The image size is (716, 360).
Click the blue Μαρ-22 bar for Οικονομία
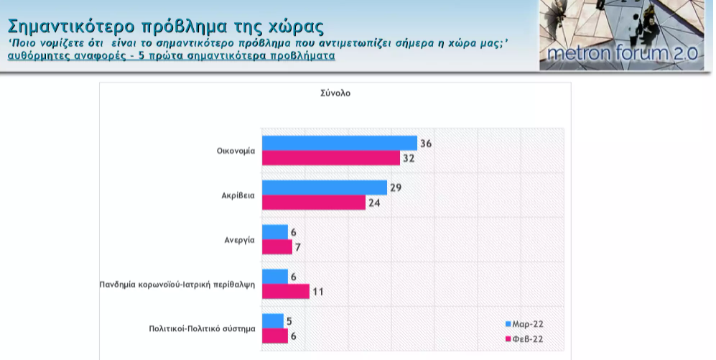point(339,143)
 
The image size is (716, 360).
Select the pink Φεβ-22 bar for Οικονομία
point(330,158)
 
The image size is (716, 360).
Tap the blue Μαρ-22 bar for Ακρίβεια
point(324,188)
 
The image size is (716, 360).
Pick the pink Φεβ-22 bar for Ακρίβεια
point(313,203)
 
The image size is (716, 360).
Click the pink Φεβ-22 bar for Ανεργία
point(277,247)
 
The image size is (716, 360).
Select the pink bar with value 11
point(285,292)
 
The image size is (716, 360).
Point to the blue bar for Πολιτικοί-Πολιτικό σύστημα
point(273,321)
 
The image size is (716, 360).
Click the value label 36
point(426,143)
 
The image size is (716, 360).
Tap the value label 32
point(409,158)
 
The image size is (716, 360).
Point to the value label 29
point(396,188)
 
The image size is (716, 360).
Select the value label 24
point(374,203)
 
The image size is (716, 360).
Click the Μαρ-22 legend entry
point(529,323)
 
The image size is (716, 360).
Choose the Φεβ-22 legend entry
point(529,338)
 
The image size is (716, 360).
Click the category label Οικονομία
point(236,151)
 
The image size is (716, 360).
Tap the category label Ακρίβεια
point(238,195)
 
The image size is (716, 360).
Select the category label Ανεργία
point(240,240)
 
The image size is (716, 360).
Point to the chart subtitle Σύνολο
point(335,93)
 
